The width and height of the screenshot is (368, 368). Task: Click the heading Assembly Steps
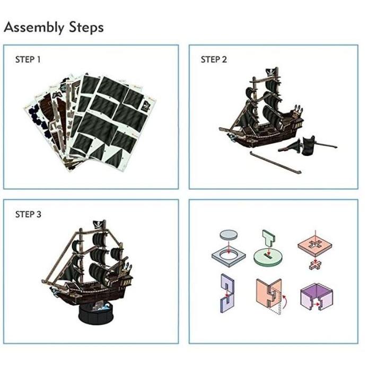tap(54, 28)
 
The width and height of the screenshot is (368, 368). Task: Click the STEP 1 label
tap(28, 60)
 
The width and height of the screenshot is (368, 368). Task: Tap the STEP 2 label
tap(214, 60)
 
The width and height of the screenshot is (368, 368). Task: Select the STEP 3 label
tap(28, 215)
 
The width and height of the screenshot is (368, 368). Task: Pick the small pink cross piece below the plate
tap(314, 264)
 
